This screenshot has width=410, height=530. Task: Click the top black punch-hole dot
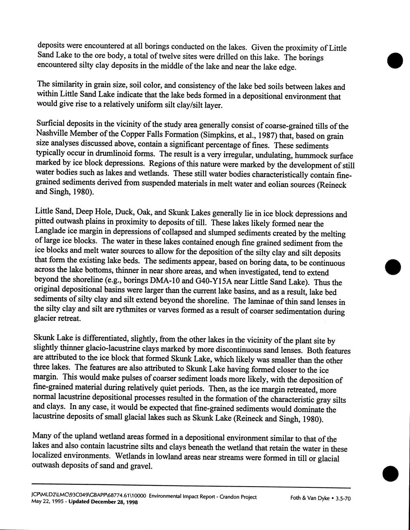[x=395, y=60]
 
